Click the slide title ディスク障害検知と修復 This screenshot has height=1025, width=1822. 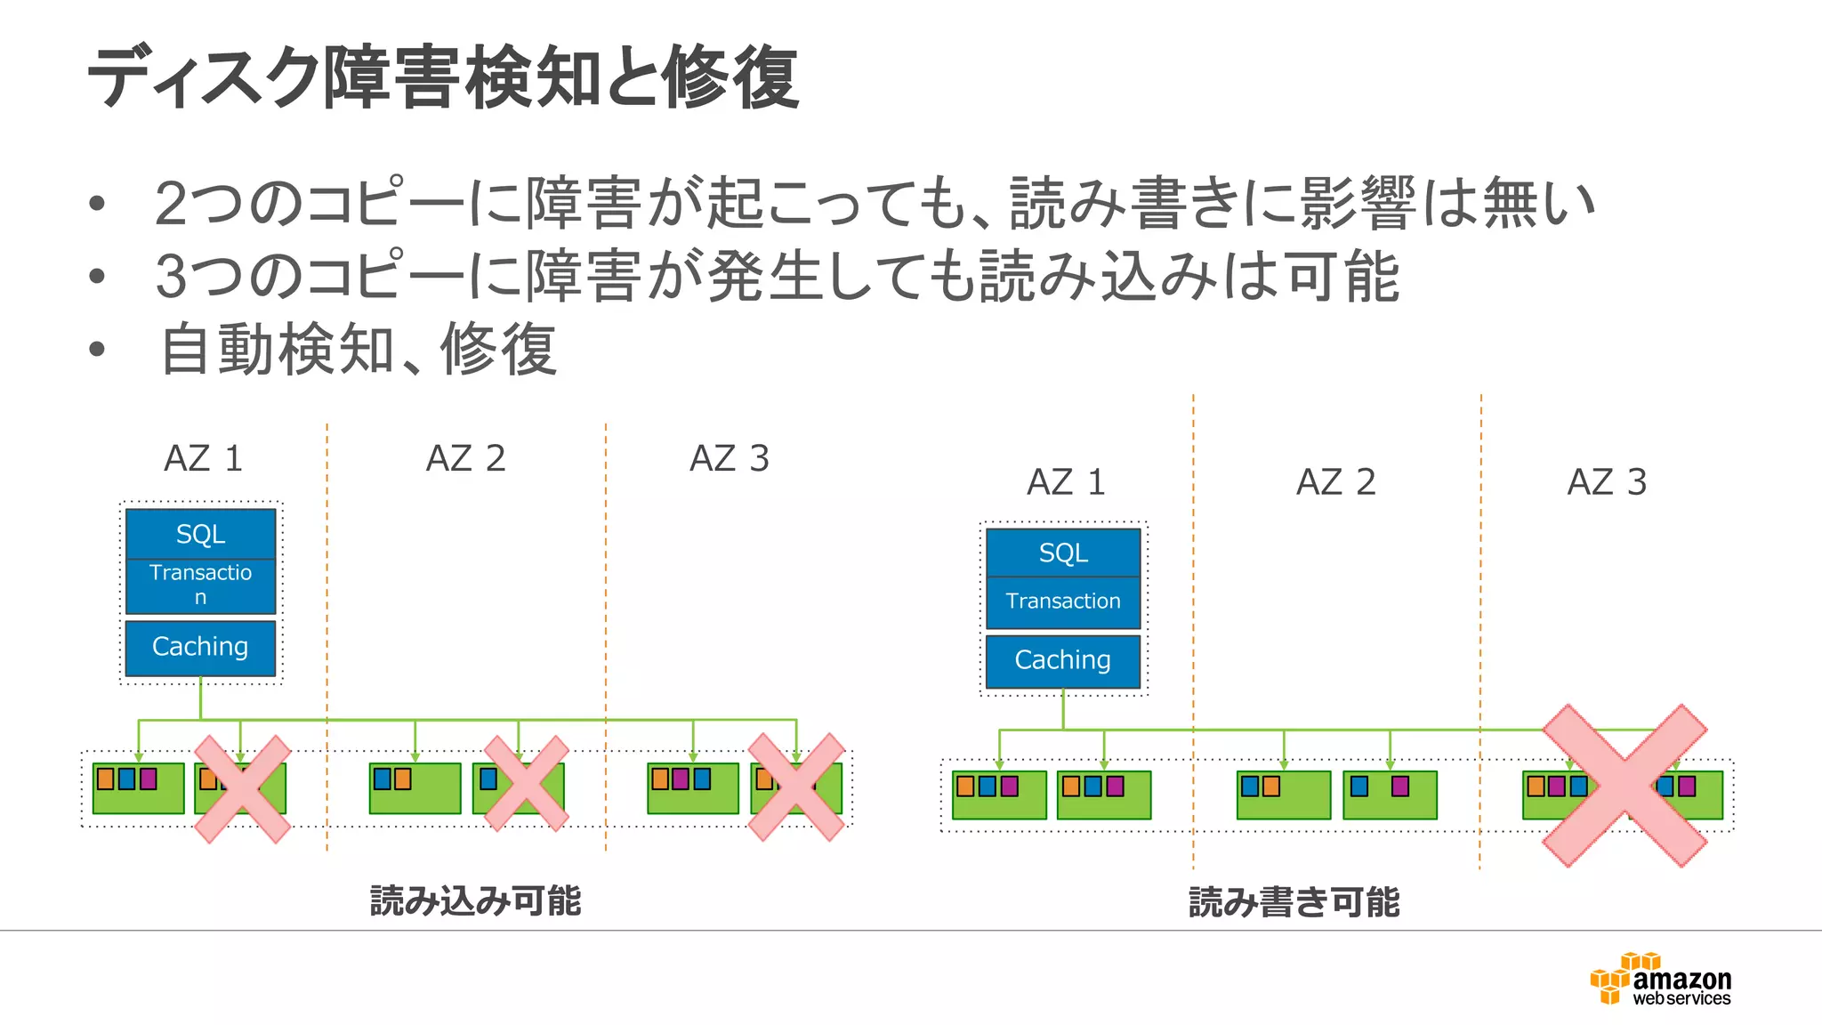(442, 78)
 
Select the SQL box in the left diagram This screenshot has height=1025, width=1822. (200, 534)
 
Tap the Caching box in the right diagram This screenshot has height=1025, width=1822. (1063, 660)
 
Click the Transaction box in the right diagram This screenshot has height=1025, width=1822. (1063, 601)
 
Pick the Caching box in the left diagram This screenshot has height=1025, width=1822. (200, 647)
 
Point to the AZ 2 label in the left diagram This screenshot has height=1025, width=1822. (465, 459)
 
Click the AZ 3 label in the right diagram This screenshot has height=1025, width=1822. (1607, 482)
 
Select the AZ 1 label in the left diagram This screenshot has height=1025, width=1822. (203, 459)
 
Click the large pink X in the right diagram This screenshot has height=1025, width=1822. (1624, 785)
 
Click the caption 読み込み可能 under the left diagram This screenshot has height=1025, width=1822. (475, 901)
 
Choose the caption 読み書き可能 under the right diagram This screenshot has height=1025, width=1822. (1294, 902)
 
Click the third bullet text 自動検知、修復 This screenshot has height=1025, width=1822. (358, 350)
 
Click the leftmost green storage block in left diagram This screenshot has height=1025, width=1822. (139, 788)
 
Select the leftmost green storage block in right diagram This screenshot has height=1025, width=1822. (998, 795)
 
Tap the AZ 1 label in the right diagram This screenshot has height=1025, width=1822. (1066, 482)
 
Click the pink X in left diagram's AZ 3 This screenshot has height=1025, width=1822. (796, 787)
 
